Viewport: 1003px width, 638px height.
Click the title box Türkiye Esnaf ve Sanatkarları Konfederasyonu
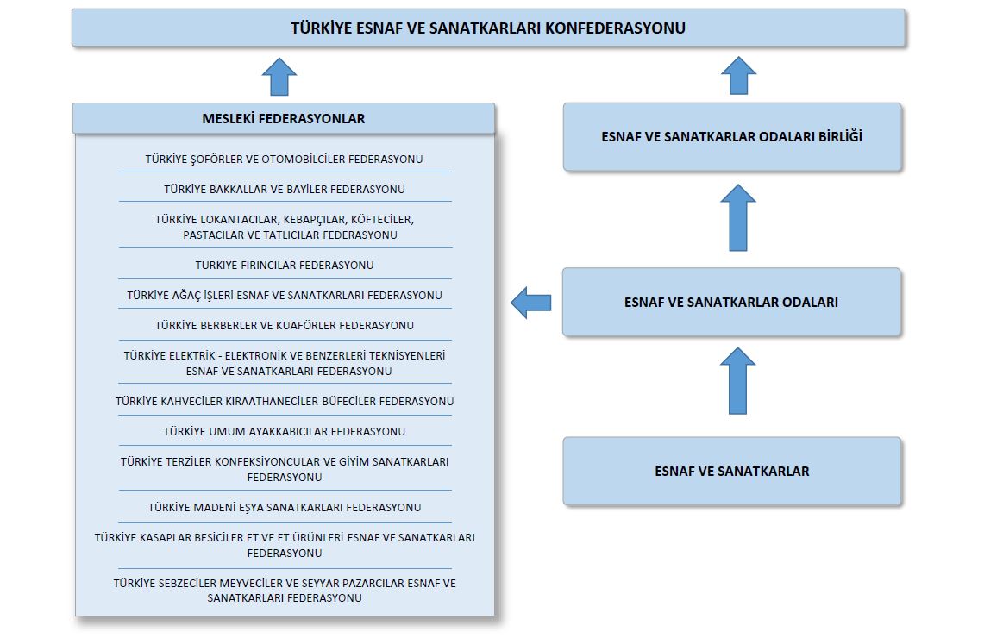(488, 28)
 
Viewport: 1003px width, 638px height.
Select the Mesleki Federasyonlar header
(284, 118)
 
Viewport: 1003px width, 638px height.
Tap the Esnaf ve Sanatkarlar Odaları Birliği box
(732, 137)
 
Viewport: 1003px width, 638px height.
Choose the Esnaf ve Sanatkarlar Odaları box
(732, 302)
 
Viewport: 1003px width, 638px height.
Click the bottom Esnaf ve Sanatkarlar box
(732, 471)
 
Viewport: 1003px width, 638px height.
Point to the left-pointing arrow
(531, 303)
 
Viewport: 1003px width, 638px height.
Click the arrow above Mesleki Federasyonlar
(279, 77)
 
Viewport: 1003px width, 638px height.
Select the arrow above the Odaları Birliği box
(739, 75)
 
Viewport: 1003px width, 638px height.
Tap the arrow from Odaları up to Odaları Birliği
(738, 218)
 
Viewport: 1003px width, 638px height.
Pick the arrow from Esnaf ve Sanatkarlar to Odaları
(737, 381)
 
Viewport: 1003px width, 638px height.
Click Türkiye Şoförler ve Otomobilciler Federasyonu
(284, 159)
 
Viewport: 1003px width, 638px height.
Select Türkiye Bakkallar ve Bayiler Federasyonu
(285, 189)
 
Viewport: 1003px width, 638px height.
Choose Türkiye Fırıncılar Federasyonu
(285, 265)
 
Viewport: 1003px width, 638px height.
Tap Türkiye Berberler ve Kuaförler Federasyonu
(285, 325)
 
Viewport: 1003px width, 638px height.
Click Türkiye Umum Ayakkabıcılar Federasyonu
(285, 432)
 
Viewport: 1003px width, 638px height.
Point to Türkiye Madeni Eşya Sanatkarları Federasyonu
(285, 508)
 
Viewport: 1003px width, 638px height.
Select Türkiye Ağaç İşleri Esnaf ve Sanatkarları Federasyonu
(285, 296)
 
